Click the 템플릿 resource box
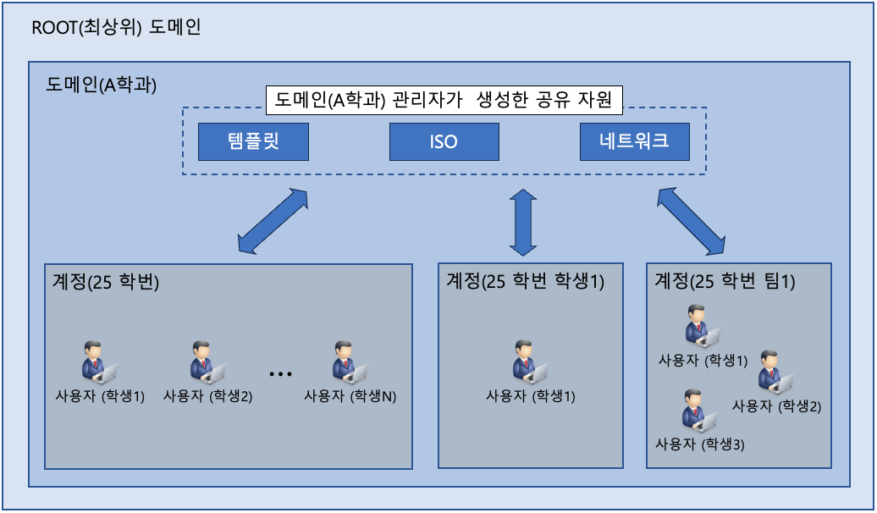[253, 142]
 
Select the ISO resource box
[444, 142]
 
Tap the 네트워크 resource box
[634, 142]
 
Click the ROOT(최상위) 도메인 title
[116, 28]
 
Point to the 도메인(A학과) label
[102, 85]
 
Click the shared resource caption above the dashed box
[444, 102]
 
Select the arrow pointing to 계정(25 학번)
[273, 222]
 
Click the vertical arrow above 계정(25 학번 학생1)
[522, 222]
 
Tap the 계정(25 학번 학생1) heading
[525, 281]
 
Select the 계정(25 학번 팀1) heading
[725, 281]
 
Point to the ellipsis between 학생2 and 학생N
[280, 373]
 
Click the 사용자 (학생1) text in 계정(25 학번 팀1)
[703, 360]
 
